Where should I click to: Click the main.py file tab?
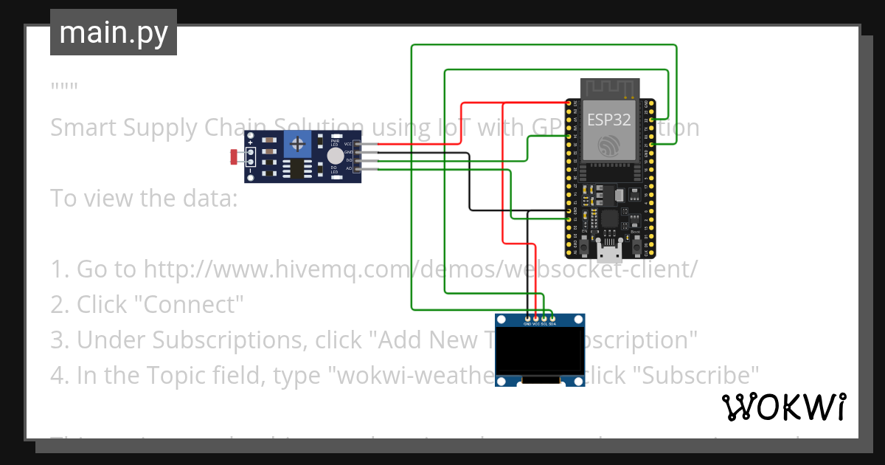click(113, 32)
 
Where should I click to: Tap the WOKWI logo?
click(783, 407)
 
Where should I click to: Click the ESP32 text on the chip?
click(608, 119)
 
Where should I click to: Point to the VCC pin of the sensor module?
click(357, 144)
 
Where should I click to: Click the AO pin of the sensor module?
click(357, 168)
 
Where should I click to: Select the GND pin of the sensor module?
click(357, 152)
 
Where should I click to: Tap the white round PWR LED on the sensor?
click(336, 156)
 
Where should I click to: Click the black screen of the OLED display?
click(539, 352)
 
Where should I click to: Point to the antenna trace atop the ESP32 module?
click(609, 88)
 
